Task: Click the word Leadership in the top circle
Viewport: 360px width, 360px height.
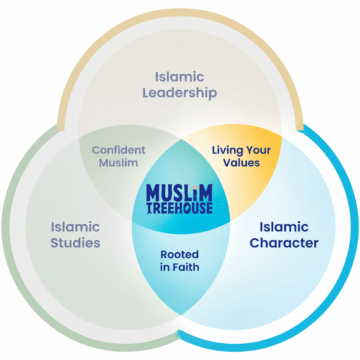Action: (x=180, y=93)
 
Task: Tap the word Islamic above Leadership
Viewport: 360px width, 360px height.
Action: (x=180, y=77)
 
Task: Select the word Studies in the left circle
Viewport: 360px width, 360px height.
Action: (x=75, y=243)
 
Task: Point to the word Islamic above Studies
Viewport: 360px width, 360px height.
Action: (x=75, y=227)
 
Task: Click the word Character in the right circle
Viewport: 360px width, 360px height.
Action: (x=284, y=243)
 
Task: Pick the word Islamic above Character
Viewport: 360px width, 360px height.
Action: (x=284, y=227)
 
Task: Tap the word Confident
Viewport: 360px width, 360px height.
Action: (x=119, y=150)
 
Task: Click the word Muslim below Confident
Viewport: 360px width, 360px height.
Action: (x=119, y=163)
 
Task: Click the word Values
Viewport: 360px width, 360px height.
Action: (x=242, y=163)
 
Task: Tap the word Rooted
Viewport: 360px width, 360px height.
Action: (x=180, y=254)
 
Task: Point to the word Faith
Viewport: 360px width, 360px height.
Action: (x=186, y=267)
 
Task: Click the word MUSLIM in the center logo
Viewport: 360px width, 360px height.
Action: (x=179, y=193)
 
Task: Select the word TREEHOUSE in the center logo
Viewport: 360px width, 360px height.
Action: (x=180, y=208)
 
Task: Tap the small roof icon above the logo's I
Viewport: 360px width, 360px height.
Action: (x=195, y=188)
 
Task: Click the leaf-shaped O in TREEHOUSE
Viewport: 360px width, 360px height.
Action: (x=187, y=208)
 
